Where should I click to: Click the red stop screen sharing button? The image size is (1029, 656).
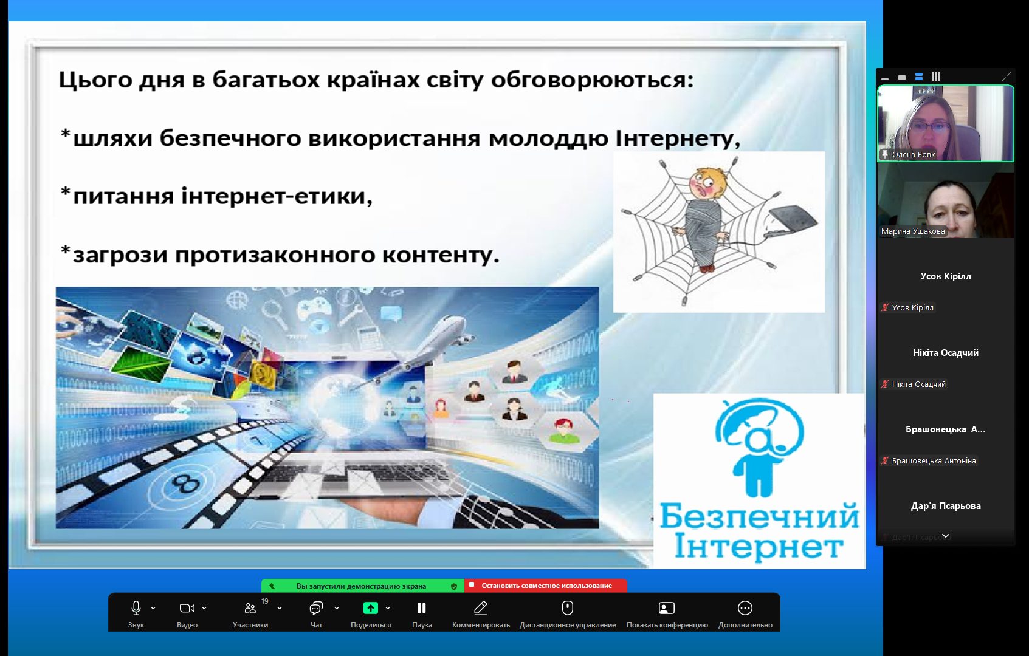546,586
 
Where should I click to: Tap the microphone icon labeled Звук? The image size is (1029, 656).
136,608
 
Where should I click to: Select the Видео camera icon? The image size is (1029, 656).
187,608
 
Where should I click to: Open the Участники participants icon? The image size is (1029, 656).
250,608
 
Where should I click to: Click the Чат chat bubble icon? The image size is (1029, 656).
316,608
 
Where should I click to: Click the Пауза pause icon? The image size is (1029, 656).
422,608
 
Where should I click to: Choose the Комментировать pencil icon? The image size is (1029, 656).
481,608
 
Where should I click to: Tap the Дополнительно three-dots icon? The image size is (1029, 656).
745,608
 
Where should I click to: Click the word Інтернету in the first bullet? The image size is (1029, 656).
678,138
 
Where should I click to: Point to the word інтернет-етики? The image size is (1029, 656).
276,196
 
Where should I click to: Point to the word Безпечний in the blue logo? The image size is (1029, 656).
759,516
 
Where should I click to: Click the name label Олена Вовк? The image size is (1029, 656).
914,155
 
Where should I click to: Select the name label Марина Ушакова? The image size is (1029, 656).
913,231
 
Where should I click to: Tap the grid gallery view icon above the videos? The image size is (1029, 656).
936,77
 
